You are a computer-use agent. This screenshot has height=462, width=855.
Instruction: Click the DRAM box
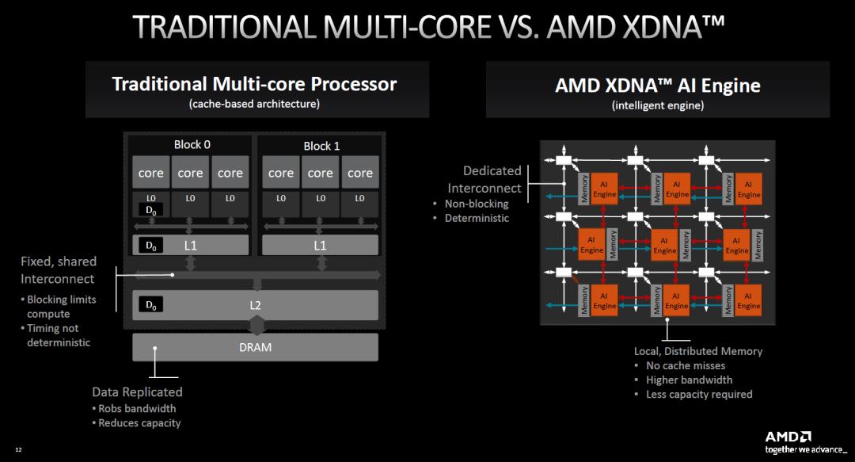[255, 347]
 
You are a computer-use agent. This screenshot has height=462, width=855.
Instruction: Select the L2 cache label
[255, 304]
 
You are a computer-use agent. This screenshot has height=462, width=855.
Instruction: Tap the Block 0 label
[192, 145]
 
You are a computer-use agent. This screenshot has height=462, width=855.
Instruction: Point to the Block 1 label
[321, 146]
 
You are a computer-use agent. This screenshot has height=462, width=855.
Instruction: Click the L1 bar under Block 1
[320, 246]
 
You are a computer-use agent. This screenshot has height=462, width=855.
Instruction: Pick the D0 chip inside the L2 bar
[150, 304]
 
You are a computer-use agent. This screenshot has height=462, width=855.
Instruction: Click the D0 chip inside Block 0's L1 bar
[150, 246]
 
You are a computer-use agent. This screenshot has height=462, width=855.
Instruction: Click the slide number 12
[18, 450]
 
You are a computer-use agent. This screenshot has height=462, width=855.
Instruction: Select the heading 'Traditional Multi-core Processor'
[254, 84]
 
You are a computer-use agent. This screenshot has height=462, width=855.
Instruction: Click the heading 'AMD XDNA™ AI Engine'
[657, 86]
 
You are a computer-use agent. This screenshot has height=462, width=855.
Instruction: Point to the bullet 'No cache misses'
[685, 365]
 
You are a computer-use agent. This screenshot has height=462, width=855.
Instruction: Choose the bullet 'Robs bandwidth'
[137, 409]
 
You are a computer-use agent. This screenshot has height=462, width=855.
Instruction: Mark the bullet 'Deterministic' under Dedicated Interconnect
[477, 218]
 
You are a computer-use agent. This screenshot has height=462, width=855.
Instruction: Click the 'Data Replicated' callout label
[137, 391]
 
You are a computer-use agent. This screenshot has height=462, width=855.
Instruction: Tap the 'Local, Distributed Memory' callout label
[698, 350]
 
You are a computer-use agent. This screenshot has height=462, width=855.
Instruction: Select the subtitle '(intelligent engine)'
[657, 105]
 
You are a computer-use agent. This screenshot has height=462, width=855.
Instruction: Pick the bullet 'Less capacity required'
[699, 394]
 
